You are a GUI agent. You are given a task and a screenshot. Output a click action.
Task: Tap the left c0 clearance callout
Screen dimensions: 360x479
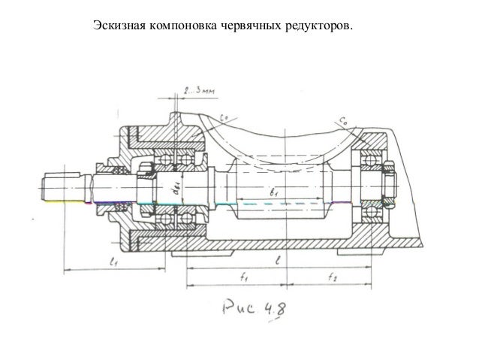tap(225, 115)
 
